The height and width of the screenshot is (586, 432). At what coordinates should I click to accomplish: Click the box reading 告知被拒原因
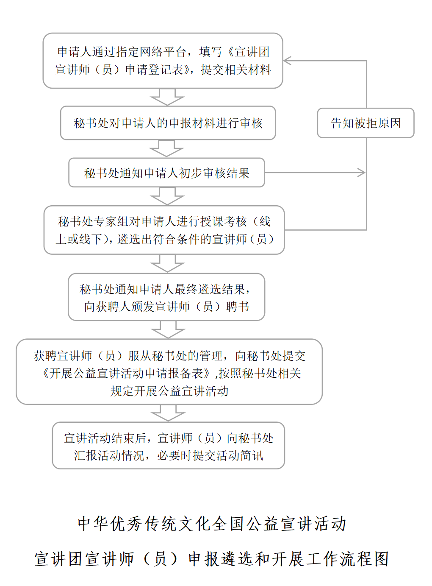click(x=366, y=123)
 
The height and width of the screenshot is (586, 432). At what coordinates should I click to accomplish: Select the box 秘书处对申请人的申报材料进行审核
click(x=168, y=123)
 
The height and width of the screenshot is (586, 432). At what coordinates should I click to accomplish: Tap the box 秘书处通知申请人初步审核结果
click(x=166, y=173)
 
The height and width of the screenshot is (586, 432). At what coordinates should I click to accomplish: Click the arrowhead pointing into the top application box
click(x=287, y=61)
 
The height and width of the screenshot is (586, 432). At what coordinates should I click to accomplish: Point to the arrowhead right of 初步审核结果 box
click(x=362, y=173)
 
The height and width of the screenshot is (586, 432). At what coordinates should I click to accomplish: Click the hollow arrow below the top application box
click(x=167, y=97)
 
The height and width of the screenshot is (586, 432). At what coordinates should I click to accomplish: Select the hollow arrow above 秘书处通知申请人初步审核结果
click(x=166, y=148)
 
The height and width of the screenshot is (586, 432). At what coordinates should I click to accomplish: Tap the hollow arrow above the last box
click(x=168, y=413)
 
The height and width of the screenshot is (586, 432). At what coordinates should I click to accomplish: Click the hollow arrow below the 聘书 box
click(x=168, y=329)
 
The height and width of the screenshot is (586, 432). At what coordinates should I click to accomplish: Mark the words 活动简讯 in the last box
click(x=240, y=455)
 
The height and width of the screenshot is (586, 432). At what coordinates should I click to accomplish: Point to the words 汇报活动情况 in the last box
click(x=109, y=455)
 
